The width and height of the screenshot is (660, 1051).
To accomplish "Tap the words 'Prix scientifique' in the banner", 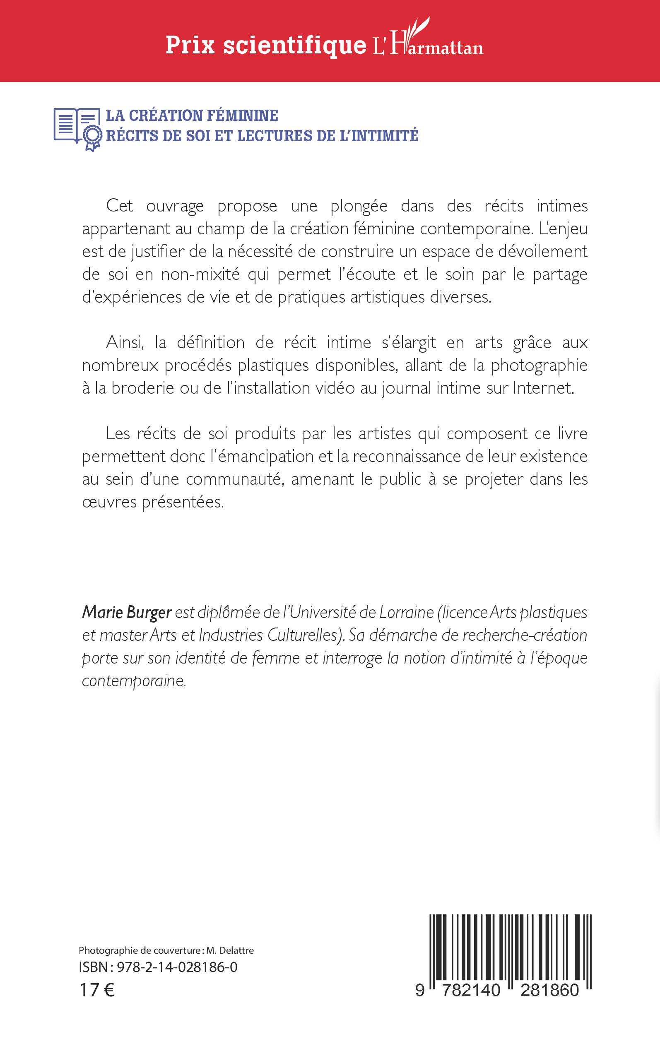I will coord(265,46).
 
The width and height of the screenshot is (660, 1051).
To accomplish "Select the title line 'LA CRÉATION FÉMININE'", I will coord(192,115).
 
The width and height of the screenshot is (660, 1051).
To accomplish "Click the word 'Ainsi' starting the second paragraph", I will coord(124,342).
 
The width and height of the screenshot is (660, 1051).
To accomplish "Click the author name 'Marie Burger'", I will coord(127,613).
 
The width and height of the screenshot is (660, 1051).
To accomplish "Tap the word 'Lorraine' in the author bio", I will coord(406,613).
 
